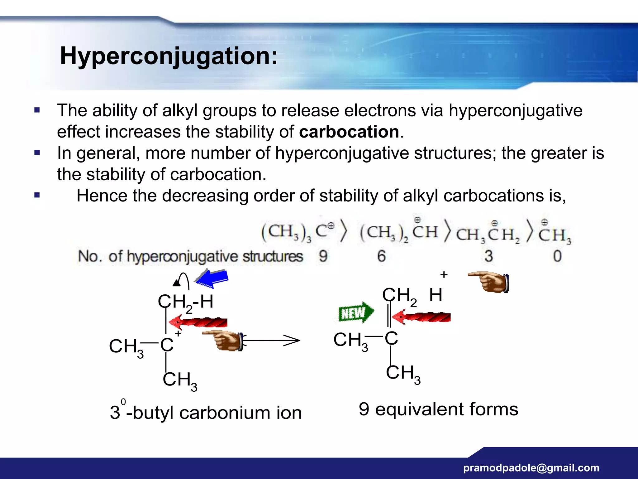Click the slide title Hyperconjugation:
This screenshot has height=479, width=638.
tap(169, 56)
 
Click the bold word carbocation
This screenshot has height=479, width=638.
tap(349, 132)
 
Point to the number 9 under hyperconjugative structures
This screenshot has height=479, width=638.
tap(323, 256)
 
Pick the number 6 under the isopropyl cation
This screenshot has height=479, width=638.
tap(381, 256)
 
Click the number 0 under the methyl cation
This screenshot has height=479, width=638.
tap(557, 256)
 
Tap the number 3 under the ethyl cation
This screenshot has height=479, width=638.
tap(488, 256)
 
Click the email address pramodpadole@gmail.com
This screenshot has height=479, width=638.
tap(531, 468)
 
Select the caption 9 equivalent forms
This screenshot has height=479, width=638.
tap(438, 409)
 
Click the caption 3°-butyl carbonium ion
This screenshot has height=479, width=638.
tap(206, 412)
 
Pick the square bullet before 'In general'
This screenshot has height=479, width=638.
tap(37, 153)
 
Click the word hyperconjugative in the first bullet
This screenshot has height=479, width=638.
tap(516, 110)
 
